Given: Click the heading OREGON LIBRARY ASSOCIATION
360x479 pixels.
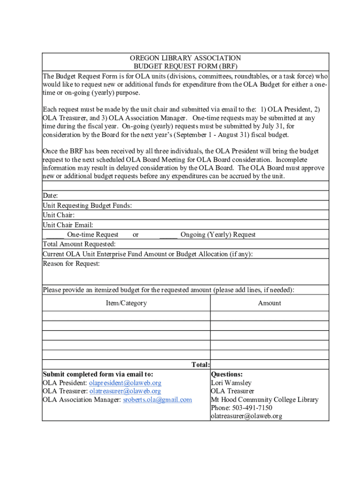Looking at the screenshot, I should click(185, 58).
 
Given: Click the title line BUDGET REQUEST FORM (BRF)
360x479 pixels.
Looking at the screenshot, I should click(185, 67).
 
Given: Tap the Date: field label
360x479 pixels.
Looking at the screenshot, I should click(50, 196).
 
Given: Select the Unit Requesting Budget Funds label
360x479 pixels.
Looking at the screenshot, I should click(87, 205).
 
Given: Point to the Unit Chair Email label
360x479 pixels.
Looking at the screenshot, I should click(68, 225).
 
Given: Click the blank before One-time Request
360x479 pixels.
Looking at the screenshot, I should click(55, 235).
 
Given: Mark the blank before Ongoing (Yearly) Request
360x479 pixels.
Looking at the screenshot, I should click(168, 235).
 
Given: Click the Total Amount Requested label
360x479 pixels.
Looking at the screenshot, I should click(79, 244).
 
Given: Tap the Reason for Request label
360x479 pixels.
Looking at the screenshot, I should click(71, 264).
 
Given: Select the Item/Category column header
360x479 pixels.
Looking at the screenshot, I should click(126, 303).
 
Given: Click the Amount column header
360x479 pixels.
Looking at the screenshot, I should click(269, 303).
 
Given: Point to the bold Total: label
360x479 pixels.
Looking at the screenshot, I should click(201, 365).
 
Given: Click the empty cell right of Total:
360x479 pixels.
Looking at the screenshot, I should click(269, 365).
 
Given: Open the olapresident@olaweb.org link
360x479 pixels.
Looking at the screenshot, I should click(125, 383).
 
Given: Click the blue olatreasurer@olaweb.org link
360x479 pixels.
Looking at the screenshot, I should click(125, 391).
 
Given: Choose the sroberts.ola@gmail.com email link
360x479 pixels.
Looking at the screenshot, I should click(158, 399).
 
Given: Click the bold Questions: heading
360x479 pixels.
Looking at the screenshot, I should click(227, 374).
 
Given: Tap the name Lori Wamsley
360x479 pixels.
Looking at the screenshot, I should click(231, 383).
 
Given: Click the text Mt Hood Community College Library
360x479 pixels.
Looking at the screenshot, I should click(265, 399).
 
